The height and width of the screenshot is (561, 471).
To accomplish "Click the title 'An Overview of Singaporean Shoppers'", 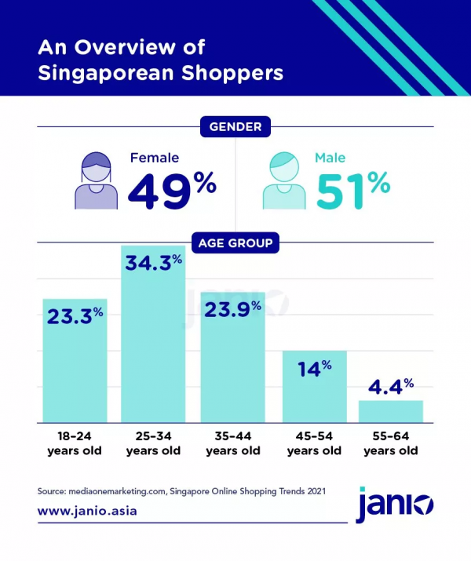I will (x=160, y=60).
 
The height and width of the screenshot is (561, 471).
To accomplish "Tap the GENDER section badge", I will (x=235, y=126).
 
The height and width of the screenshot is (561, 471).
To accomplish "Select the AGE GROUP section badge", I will (x=235, y=243).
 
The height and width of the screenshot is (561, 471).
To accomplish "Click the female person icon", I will (x=95, y=182).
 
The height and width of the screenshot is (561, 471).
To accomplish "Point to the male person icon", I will (x=284, y=182).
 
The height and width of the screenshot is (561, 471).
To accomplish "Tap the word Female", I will (x=155, y=158).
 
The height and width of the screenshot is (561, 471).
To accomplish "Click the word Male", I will (x=330, y=158).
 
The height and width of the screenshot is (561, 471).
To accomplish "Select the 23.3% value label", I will (x=75, y=316).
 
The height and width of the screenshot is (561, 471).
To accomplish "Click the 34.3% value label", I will (x=154, y=263).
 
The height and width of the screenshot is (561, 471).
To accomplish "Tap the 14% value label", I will (x=314, y=368).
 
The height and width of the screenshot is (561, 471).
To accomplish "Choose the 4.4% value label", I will (x=390, y=386).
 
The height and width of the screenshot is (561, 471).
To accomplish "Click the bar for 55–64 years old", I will (x=390, y=411).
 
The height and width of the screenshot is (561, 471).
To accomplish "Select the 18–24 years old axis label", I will (x=75, y=443).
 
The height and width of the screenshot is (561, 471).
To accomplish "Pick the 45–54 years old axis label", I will (x=314, y=443).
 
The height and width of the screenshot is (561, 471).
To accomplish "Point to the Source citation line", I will (x=181, y=491).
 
